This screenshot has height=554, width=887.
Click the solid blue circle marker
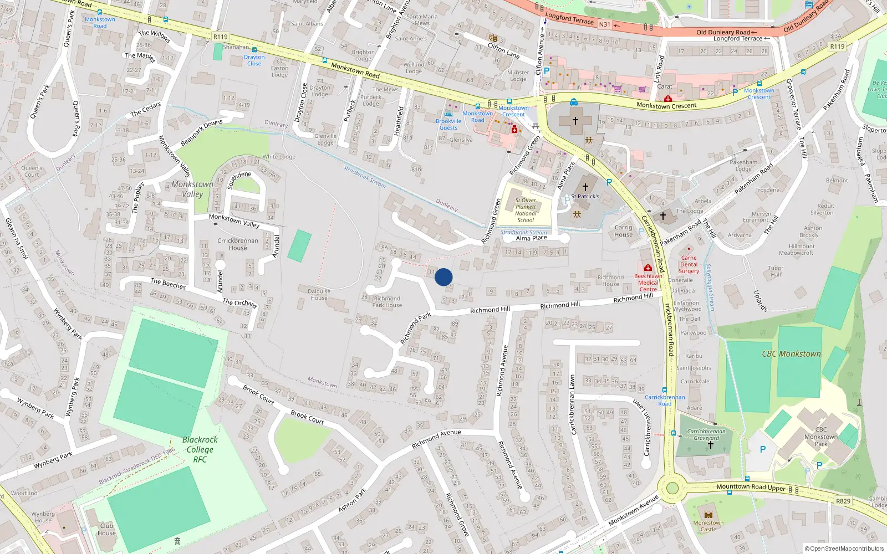pos(443,277)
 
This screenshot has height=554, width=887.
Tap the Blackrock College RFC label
pos(200,449)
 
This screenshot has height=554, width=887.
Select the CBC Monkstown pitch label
pos(791,354)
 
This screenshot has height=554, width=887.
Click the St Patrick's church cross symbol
pos(585,187)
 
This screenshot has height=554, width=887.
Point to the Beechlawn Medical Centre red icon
pos(648,268)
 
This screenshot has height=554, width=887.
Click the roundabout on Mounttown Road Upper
pos(672,488)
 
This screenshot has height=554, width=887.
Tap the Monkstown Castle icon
pos(708,515)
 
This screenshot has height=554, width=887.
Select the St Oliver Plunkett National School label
pos(525,210)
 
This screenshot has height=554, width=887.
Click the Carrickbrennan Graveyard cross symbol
pos(710,445)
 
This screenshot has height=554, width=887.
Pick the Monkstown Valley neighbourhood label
pos(192,189)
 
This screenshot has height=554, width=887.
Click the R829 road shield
pos(843,501)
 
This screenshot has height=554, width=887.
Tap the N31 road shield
pos(604,24)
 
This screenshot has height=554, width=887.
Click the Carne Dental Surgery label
pos(689,264)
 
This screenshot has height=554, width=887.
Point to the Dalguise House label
pos(319,294)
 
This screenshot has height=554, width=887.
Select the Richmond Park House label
pos(387,302)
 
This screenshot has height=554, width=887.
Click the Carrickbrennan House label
pos(238,244)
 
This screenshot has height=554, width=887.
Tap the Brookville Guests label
pos(448,124)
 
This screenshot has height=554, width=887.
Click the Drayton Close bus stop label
pos(254,60)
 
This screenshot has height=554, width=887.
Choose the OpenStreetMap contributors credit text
pos(844,548)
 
